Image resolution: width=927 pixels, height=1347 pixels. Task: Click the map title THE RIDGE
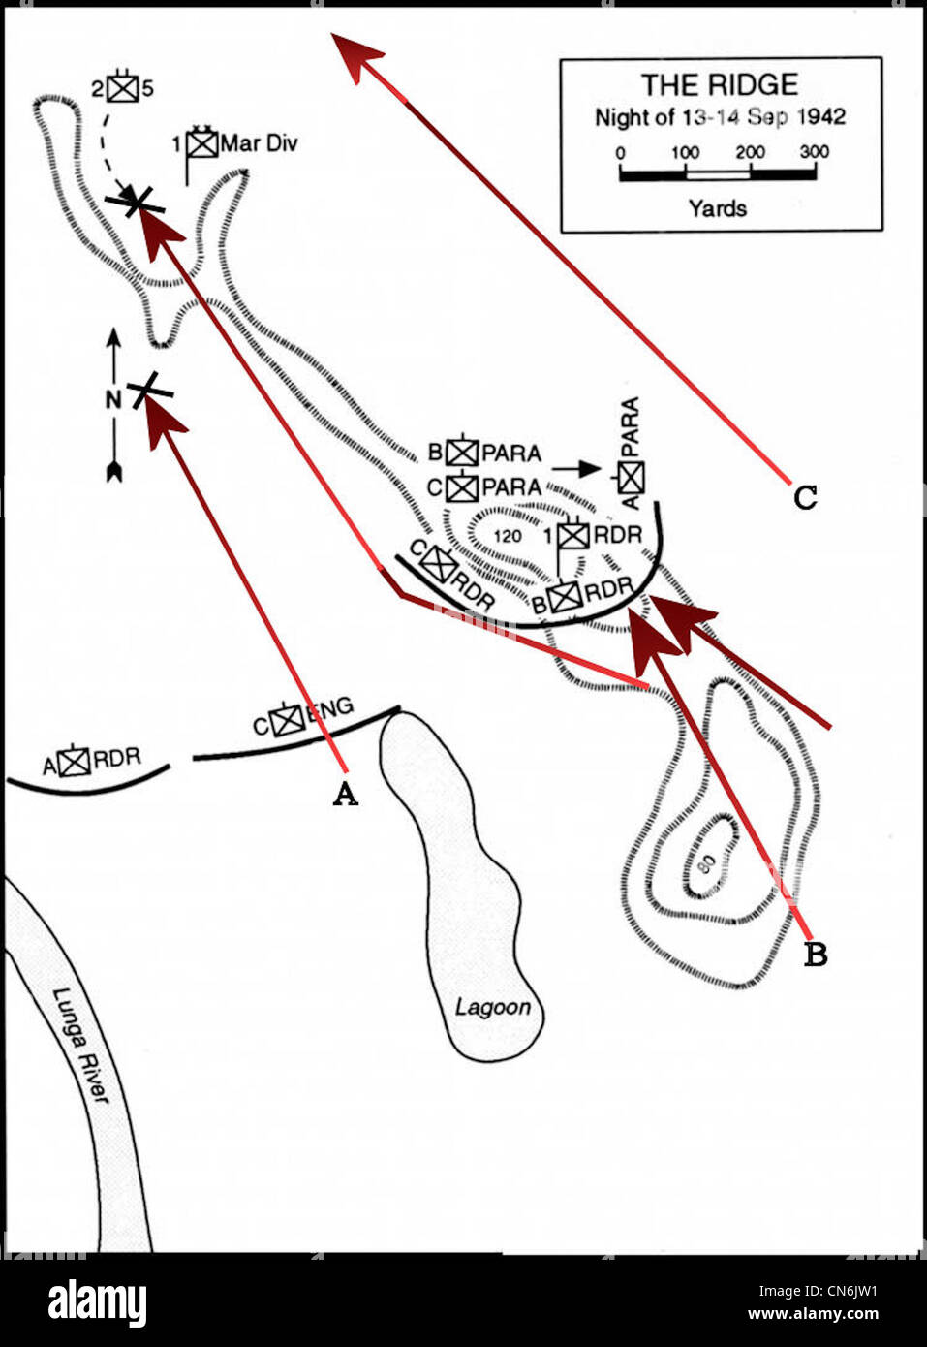coord(720,84)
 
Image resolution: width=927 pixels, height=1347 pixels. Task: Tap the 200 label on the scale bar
coord(750,152)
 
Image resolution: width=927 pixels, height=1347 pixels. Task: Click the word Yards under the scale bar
coord(718,207)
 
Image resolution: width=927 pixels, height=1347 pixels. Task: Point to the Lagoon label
coord(492,1007)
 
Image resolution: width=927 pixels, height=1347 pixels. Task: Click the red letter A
coord(345,794)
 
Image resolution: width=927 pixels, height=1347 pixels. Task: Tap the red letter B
coord(816,955)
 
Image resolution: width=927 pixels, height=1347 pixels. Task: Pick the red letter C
coord(805,497)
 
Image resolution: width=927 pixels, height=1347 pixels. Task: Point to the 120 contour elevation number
coord(508,536)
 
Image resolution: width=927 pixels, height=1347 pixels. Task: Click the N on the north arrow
coord(113,399)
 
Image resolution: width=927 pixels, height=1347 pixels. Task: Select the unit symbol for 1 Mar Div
coord(202,143)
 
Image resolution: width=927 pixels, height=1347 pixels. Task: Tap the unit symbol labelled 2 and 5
coord(122,88)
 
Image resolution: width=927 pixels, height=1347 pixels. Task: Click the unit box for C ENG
coord(288,720)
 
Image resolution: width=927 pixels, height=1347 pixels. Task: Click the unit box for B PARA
coord(462,453)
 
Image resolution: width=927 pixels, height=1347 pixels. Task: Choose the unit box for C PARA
coord(463,486)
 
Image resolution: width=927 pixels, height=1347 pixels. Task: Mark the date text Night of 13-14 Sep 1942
coord(720,117)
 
